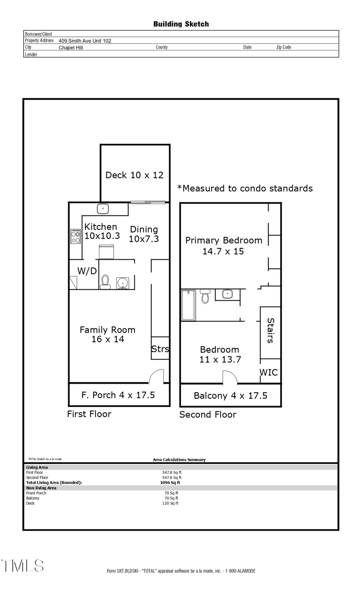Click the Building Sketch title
181,24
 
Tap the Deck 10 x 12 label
134,175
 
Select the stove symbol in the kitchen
75,236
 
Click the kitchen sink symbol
103,208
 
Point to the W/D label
87,271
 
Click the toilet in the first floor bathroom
105,282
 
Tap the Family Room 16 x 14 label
107,334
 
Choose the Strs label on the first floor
160,349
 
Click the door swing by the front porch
157,377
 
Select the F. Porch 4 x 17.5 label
118,395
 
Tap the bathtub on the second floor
188,305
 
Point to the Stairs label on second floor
270,330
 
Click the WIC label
268,372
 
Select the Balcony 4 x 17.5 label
230,396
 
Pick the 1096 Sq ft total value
170,483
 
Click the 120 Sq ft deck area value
170,503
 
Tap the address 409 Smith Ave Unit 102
85,41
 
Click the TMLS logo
22,566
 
